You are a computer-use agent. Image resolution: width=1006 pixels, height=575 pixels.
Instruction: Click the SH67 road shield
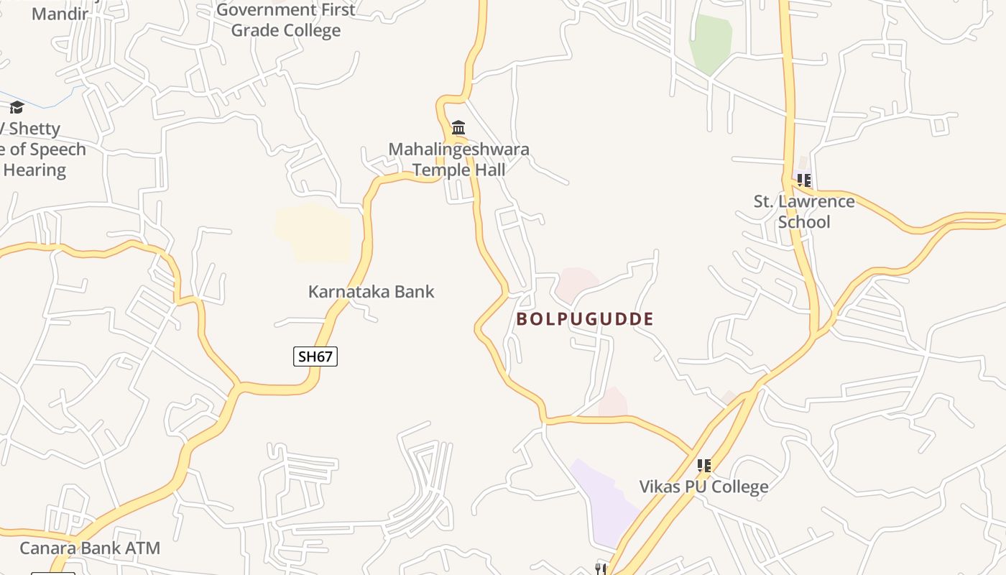click(315, 356)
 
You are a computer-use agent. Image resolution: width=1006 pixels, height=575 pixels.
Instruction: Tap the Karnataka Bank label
click(371, 291)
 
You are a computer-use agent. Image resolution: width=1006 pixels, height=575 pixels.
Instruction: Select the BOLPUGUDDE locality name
click(585, 319)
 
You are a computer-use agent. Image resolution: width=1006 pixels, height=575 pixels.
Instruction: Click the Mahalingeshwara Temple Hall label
click(458, 160)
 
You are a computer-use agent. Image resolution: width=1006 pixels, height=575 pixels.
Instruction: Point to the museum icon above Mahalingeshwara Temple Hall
click(458, 128)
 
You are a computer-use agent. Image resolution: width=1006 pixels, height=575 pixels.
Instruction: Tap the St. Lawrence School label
click(804, 211)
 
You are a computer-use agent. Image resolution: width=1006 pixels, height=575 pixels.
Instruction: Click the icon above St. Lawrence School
click(803, 180)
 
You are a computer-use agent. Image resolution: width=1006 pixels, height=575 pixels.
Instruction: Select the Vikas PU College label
click(703, 487)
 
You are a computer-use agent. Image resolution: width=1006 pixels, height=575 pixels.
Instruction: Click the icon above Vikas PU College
click(703, 465)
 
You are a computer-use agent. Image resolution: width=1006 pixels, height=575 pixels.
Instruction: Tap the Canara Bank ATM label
click(90, 548)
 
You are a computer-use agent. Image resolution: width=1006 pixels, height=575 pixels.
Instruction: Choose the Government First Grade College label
click(285, 20)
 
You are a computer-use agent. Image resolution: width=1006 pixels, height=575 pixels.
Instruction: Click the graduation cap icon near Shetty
click(17, 108)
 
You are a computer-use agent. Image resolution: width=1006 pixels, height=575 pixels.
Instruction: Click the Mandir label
click(60, 13)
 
